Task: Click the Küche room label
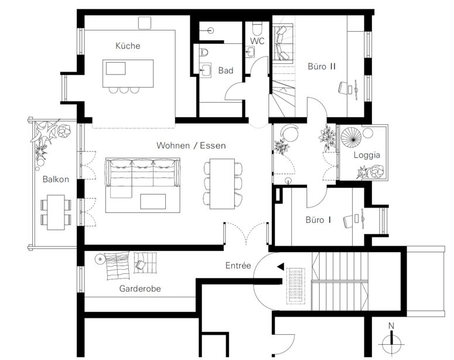[x=128, y=46]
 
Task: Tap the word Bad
[x=226, y=70]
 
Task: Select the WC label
[x=257, y=41]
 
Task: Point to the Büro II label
[x=322, y=66]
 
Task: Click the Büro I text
[x=318, y=220]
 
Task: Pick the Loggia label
[x=367, y=155]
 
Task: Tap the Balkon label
[x=56, y=179]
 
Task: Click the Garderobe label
[x=140, y=288]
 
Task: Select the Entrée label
[x=238, y=265]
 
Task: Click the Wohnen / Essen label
[x=191, y=145]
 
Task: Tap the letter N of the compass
[x=391, y=326]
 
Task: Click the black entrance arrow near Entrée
[x=281, y=267]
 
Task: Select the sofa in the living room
[x=142, y=177]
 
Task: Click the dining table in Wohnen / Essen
[x=222, y=184]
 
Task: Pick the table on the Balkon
[x=56, y=212]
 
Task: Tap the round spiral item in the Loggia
[x=351, y=138]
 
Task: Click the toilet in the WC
[x=257, y=28]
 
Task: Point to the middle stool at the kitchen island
[x=124, y=90]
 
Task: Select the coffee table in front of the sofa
[x=153, y=202]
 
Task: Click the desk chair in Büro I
[x=347, y=221]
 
